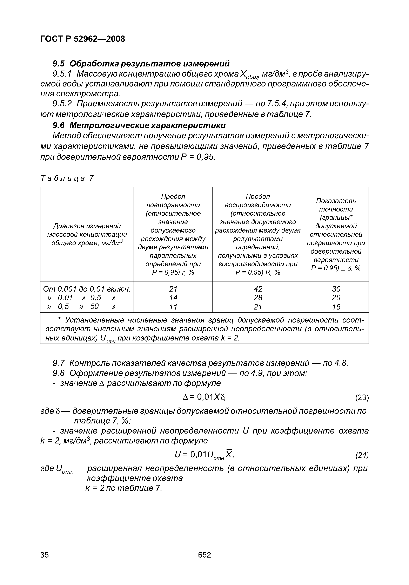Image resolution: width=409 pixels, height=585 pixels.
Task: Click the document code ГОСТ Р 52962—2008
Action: [x=83, y=39]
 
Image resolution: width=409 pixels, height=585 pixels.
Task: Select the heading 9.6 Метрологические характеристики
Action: [x=139, y=125]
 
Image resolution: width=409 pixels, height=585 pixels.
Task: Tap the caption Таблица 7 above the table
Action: [x=67, y=178]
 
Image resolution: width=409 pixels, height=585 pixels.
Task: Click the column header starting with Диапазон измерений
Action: [x=87, y=234]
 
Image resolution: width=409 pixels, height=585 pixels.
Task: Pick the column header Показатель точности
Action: [x=336, y=234]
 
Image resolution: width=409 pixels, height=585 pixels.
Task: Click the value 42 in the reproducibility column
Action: [x=258, y=289]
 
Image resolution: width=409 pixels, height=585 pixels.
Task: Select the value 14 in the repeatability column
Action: [x=173, y=298]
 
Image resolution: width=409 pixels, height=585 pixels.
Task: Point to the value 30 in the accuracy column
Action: [x=336, y=289]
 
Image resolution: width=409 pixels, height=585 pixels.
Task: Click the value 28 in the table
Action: [x=258, y=298]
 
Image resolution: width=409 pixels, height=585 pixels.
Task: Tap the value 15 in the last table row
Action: [x=336, y=307]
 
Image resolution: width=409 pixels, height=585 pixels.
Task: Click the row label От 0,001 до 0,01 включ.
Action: [x=87, y=289]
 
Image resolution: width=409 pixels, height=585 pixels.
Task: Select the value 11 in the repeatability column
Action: [x=173, y=307]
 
